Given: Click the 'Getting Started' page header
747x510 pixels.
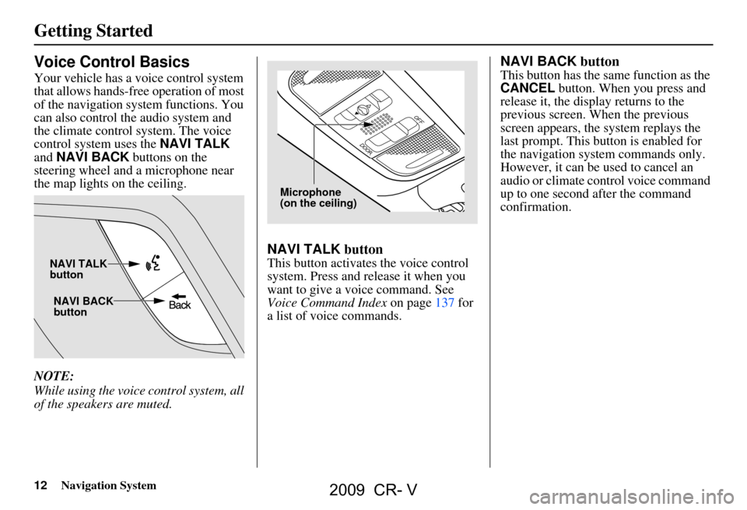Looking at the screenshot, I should click(x=93, y=31).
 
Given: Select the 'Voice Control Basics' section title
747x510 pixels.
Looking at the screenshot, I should click(x=111, y=62).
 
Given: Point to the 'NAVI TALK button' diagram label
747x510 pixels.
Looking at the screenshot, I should click(x=78, y=269).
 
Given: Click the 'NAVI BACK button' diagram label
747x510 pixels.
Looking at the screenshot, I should click(x=83, y=306).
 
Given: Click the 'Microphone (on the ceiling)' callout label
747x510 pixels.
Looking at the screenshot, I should click(x=317, y=198).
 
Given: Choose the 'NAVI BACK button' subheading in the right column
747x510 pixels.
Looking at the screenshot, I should click(x=559, y=60).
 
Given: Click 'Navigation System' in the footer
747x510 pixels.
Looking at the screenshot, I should click(x=107, y=485).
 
